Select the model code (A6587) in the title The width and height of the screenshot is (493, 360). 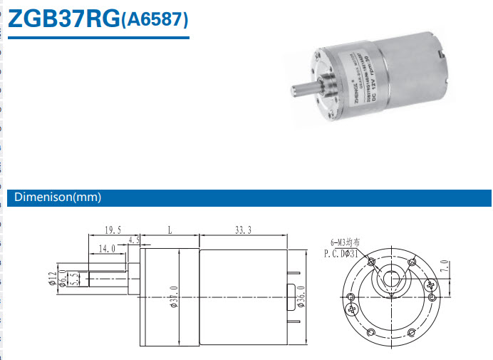(155, 20)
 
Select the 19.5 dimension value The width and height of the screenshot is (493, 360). (113, 230)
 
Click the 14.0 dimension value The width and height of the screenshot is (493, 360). (108, 249)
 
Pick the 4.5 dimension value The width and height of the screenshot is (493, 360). (135, 241)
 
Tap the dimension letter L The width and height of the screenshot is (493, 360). (169, 230)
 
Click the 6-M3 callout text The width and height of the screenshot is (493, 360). (345, 242)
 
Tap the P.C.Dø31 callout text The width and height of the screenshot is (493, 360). (340, 253)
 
